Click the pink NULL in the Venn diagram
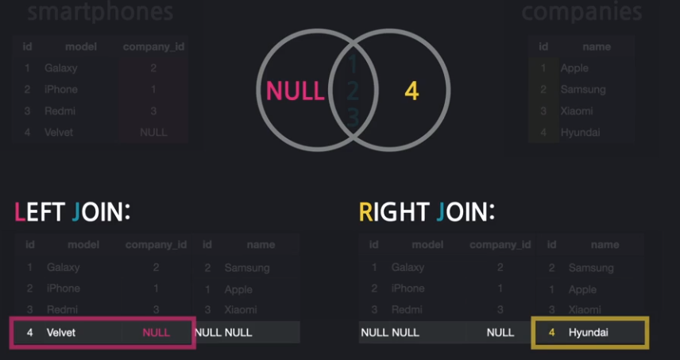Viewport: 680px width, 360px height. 295,91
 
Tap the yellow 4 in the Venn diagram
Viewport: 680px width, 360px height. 411,91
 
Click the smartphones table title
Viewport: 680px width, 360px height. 99,12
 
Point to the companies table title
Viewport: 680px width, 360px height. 581,12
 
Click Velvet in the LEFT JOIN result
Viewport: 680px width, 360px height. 61,332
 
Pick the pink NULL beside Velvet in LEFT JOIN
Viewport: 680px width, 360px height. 156,332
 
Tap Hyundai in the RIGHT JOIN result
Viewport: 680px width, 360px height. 589,332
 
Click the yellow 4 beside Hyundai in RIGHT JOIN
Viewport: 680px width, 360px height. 552,332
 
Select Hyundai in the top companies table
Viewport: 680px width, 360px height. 580,133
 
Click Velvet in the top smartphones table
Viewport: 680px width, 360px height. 59,133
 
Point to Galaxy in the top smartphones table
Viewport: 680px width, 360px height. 61,68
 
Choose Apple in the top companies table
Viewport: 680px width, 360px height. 574,68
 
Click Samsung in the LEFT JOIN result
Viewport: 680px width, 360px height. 247,268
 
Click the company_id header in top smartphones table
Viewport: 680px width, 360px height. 153,47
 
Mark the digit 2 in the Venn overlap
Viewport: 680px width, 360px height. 352,91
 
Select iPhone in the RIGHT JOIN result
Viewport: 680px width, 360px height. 408,288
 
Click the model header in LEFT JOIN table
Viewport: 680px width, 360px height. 83,245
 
